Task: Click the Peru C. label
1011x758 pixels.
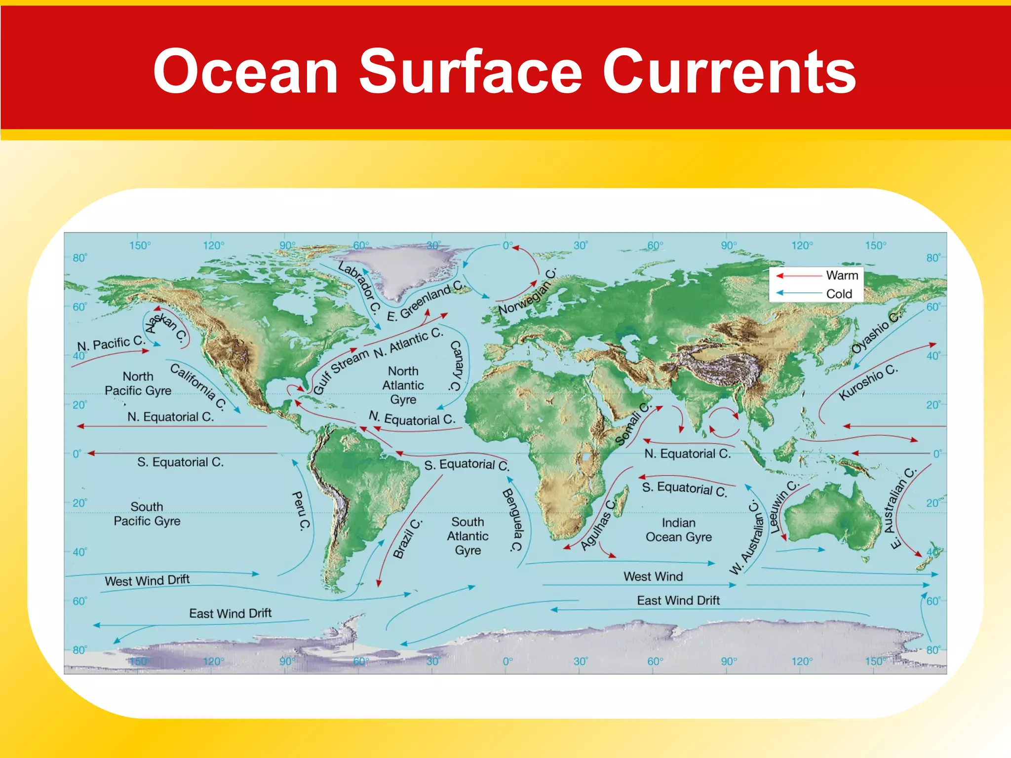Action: pos(301,511)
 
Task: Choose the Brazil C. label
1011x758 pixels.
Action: pos(407,538)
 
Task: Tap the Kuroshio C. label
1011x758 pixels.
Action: pos(868,382)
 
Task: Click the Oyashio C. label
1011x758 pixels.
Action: pos(876,333)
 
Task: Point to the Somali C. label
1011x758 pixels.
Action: pos(634,424)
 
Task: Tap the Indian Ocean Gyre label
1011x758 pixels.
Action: pos(679,530)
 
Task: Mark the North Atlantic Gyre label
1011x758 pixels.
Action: pos(403,385)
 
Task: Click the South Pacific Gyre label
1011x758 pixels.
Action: pos(147,514)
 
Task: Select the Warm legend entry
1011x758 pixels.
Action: pos(842,275)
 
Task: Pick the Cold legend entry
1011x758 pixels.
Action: pos(839,294)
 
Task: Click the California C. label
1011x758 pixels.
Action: pos(198,387)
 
